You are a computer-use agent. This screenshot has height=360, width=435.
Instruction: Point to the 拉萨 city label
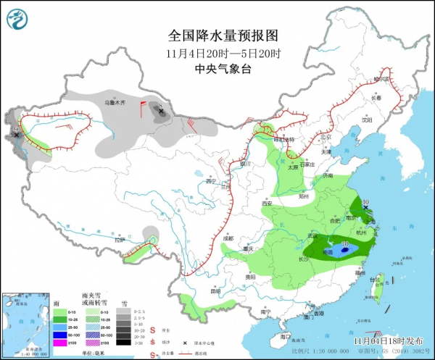[x=120, y=239]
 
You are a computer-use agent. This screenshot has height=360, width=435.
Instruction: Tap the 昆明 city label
[x=215, y=291]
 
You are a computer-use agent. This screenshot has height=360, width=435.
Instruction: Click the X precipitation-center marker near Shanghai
[x=367, y=208]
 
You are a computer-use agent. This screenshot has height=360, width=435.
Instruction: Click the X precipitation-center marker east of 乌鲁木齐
[x=160, y=112]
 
